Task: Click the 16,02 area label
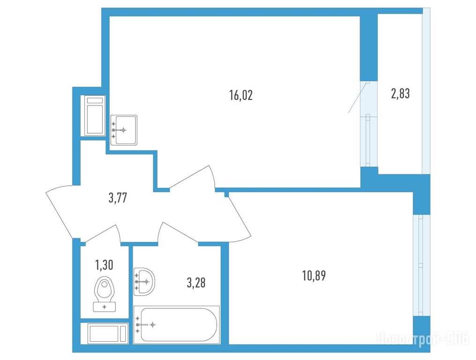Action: click(241, 95)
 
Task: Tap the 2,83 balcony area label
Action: click(400, 94)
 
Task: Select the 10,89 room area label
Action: click(314, 276)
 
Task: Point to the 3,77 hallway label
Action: click(118, 198)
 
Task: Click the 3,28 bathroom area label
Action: click(196, 283)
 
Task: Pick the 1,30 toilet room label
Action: click(104, 265)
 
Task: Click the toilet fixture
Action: click(105, 294)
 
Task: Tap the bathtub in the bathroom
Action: click(176, 325)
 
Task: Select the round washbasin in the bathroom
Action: click(144, 282)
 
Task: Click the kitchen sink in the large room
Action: click(124, 130)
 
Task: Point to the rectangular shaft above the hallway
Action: click(93, 116)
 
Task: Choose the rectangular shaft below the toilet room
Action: click(105, 334)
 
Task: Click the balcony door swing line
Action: click(358, 97)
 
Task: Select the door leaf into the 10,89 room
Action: click(240, 216)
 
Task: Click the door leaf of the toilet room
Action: click(101, 233)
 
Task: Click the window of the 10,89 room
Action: click(422, 266)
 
